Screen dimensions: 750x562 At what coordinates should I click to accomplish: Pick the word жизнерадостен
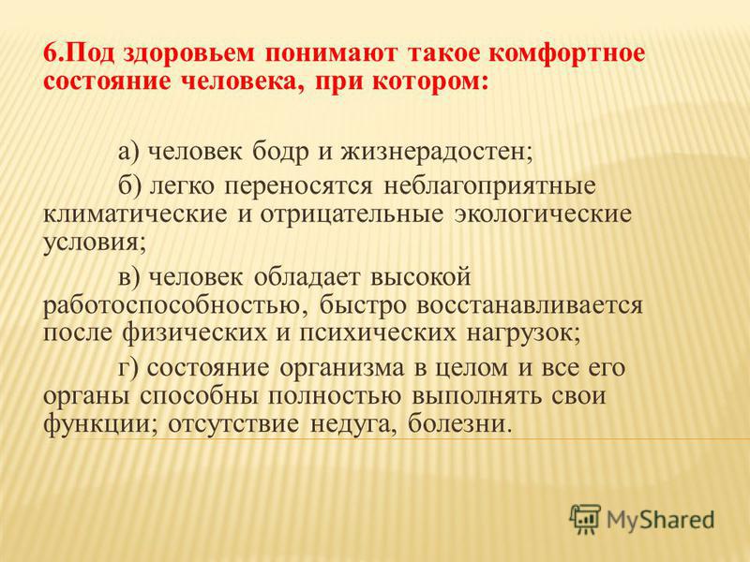(432, 153)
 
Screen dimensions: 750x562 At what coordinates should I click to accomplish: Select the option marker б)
(129, 185)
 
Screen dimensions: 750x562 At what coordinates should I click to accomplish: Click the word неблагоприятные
(490, 186)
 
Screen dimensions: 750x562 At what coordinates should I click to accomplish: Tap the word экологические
(543, 215)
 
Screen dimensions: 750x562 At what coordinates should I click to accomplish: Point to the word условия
(91, 243)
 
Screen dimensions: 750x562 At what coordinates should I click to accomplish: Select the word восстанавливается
(530, 305)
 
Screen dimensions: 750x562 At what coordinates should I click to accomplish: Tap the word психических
(378, 333)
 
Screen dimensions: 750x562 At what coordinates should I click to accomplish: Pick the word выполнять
(477, 396)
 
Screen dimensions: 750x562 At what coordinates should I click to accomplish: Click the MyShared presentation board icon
(585, 519)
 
